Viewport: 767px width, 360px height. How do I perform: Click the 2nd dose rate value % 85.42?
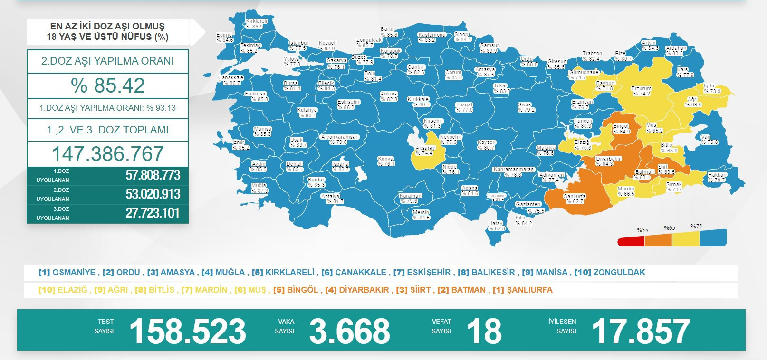(107, 85)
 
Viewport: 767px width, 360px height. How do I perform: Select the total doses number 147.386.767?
(107, 154)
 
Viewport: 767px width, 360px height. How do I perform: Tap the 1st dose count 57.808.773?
(153, 175)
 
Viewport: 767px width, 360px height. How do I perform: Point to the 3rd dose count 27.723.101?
(153, 213)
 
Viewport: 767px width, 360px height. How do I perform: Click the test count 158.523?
(188, 331)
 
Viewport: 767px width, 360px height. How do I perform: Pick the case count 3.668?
(349, 331)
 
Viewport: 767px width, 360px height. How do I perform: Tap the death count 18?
(484, 331)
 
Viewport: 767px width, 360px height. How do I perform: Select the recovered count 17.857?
(641, 331)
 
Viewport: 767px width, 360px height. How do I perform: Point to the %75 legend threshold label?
(696, 227)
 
